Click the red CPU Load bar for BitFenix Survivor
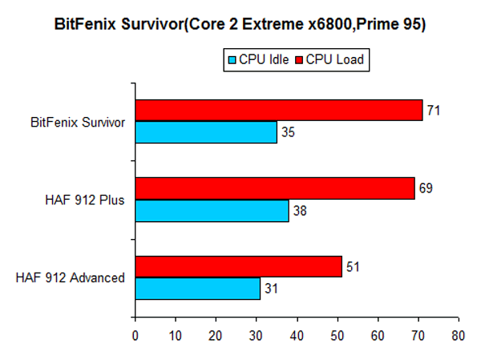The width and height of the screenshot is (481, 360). pos(278,111)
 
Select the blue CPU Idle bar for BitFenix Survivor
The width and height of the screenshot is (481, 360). pos(205,131)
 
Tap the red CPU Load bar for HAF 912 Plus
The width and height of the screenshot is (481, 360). pos(274,188)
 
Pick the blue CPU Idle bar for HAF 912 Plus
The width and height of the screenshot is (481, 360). pos(212,210)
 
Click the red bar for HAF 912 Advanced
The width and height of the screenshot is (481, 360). pos(238,267)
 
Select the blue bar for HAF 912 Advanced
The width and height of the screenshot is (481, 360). pos(197,288)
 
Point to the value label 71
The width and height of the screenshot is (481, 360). pos(433,111)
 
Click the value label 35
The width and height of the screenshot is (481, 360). pos(287,131)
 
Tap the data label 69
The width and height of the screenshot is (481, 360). pos(425,188)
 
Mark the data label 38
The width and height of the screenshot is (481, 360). pos(299,210)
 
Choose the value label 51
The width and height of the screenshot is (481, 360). pos(352,267)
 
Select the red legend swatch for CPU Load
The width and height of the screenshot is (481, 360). pos(301,60)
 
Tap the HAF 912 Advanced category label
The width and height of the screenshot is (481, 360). pos(71,278)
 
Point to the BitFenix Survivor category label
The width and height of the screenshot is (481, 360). pos(78,122)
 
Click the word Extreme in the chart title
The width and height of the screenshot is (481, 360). pos(265,24)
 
